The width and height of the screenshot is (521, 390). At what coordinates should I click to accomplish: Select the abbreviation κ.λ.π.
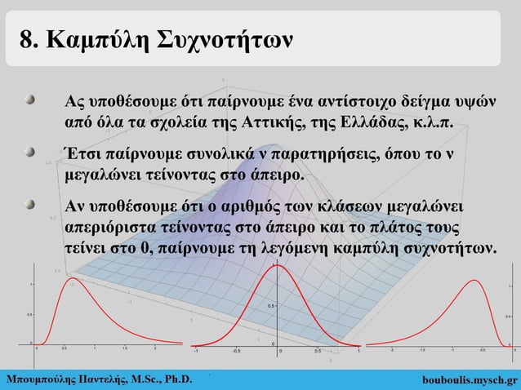(x=438, y=123)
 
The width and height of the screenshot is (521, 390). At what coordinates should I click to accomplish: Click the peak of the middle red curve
(x=276, y=266)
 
